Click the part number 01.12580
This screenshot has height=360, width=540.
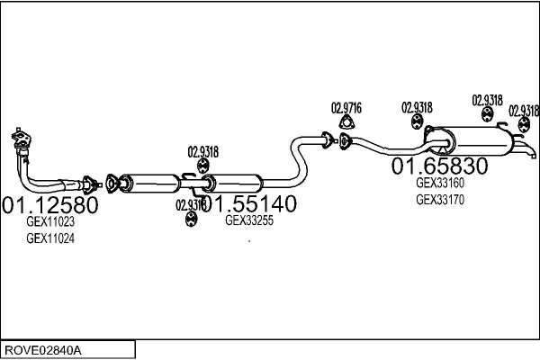[x=50, y=204]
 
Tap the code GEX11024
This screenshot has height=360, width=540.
[x=50, y=238]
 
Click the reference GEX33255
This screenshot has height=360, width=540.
[x=249, y=220]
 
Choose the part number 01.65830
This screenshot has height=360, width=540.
[x=439, y=166]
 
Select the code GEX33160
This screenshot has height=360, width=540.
[x=439, y=183]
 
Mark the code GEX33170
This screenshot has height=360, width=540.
[x=439, y=200]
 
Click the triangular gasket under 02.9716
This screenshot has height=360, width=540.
[x=346, y=124]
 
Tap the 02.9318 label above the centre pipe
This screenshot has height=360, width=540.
[x=203, y=151]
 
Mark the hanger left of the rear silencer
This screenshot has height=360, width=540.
[x=418, y=122]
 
